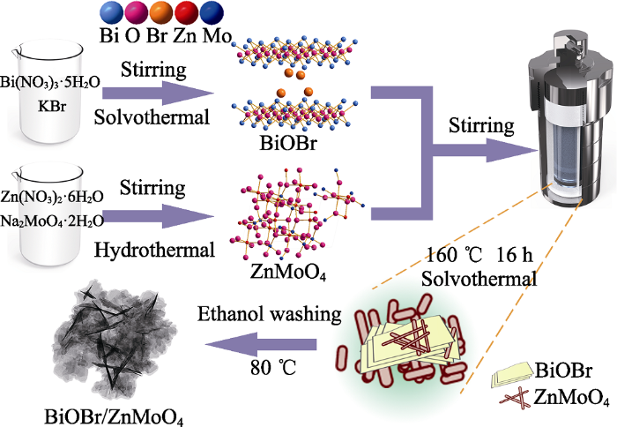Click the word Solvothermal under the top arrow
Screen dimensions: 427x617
pos(152,118)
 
